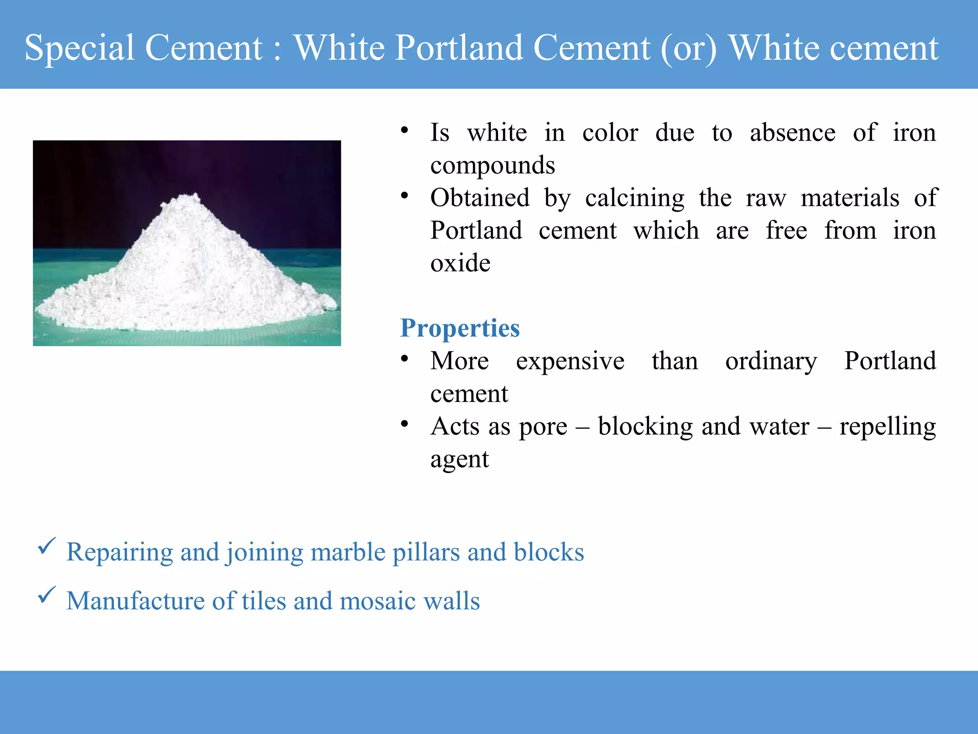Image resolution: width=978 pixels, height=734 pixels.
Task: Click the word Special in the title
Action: (x=79, y=48)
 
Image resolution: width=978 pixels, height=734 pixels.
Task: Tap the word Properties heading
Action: (x=459, y=328)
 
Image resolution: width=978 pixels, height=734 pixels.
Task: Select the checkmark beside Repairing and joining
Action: (x=47, y=546)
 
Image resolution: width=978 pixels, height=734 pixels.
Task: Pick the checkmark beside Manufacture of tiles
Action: (x=47, y=595)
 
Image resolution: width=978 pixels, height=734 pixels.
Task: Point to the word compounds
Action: (x=492, y=165)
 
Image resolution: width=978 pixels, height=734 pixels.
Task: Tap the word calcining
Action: (x=635, y=198)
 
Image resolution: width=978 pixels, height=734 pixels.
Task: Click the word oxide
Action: (x=460, y=263)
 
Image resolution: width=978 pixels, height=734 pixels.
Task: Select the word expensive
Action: (x=570, y=361)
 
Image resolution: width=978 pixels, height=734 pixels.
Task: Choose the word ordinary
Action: (x=771, y=361)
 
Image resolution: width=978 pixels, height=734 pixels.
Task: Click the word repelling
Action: (x=887, y=427)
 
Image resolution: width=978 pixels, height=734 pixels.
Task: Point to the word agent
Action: (x=459, y=460)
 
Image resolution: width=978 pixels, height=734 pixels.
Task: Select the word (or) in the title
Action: (x=689, y=48)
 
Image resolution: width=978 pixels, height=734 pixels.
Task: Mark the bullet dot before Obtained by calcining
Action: (x=404, y=195)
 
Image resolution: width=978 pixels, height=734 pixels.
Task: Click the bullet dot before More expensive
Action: (x=404, y=358)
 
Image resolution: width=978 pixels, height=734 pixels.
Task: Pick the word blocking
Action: (x=645, y=426)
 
